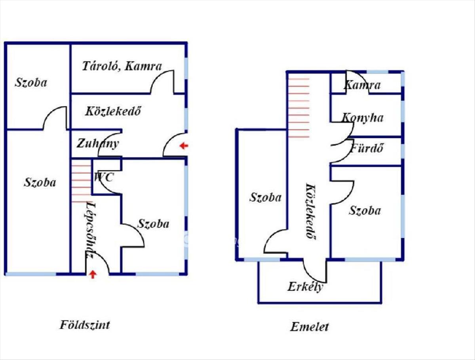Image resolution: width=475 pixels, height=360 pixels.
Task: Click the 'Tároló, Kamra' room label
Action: pyautogui.click(x=122, y=66)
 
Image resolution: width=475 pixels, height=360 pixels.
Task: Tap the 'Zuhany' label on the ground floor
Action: pyautogui.click(x=98, y=143)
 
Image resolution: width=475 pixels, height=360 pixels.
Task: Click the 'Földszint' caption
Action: pyautogui.click(x=85, y=325)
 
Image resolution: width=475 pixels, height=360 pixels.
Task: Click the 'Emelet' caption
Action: pyautogui.click(x=310, y=327)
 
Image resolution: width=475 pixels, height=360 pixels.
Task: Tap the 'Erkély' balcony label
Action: pyautogui.click(x=305, y=286)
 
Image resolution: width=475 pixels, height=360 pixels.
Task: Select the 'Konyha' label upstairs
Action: pyautogui.click(x=363, y=118)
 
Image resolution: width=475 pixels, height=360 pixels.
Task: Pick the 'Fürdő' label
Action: pyautogui.click(x=367, y=148)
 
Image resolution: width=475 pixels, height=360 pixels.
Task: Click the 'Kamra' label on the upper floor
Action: pyautogui.click(x=362, y=85)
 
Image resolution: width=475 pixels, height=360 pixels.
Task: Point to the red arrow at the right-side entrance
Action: pyautogui.click(x=183, y=146)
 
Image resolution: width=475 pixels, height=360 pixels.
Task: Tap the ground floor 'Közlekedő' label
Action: pyautogui.click(x=113, y=111)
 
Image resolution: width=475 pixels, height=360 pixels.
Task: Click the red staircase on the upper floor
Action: pyautogui.click(x=298, y=107)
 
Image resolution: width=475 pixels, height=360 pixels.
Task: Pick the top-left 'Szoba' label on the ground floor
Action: pyautogui.click(x=31, y=82)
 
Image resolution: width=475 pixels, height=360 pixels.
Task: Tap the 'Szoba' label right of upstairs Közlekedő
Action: pyautogui.click(x=365, y=210)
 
